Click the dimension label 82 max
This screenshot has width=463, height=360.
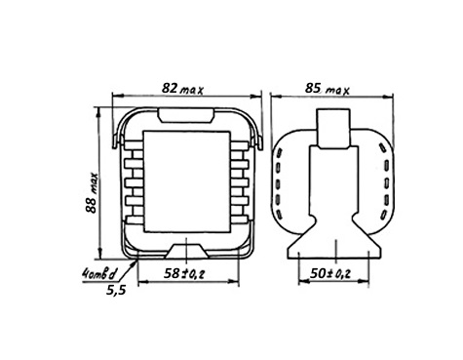182,89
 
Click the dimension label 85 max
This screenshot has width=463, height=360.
327,89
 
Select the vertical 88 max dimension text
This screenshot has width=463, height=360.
92,192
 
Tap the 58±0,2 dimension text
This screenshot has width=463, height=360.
184,274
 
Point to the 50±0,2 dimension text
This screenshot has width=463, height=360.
330,273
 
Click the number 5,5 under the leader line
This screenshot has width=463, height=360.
116,290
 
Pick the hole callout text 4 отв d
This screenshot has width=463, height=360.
98,275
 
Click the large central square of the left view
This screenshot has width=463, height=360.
186,181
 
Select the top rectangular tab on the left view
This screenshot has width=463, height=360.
186,115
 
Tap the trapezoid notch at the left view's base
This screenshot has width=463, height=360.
186,252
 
